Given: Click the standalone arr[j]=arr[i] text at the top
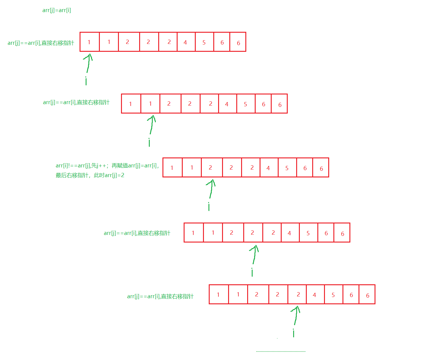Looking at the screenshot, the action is coord(57,10).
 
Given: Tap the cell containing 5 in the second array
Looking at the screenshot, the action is coord(246,104).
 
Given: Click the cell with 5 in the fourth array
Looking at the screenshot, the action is coord(308,233).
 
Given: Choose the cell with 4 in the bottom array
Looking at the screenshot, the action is coord(315,295).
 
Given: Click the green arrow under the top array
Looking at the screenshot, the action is coord(88,63).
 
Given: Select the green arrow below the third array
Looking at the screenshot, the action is coord(211,188).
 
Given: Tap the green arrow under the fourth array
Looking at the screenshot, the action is coord(254,254).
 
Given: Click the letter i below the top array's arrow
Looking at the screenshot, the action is coord(86,81).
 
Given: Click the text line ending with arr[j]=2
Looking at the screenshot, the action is coord(90,175).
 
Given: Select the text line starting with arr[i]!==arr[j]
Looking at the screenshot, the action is coord(107,166).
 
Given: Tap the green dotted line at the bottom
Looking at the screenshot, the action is coord(281,352).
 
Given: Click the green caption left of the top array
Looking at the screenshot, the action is coord(41,43).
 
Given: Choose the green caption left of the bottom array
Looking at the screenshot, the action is coord(160,296).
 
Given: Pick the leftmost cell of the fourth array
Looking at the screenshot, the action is coord(194,233).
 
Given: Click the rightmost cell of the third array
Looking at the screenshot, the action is coord(321,167).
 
